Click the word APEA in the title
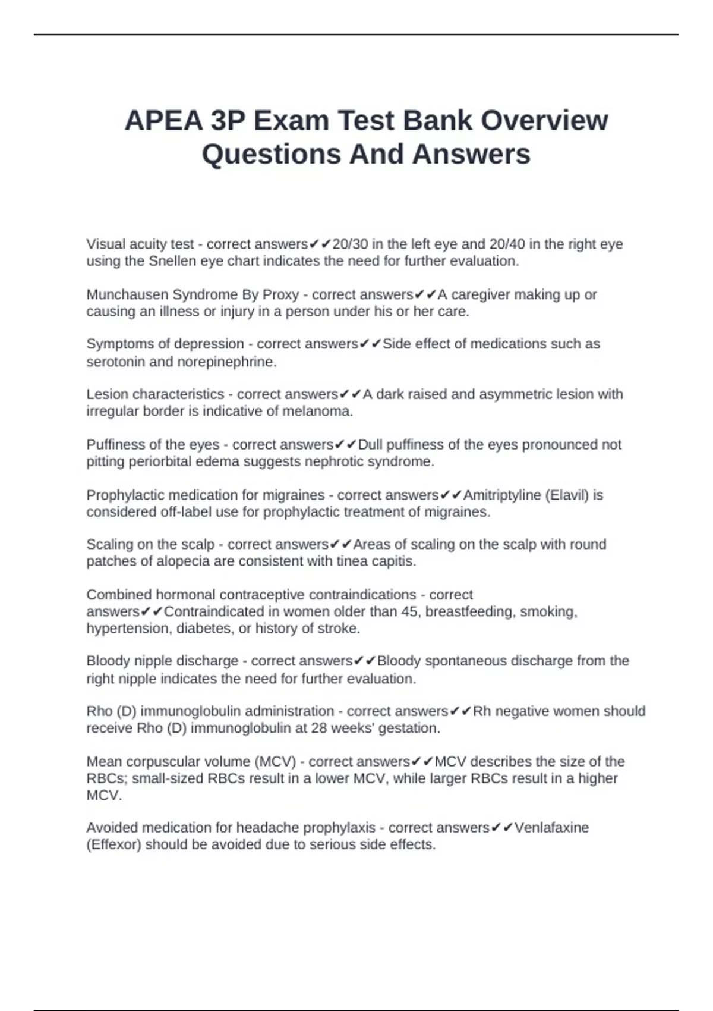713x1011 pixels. (x=163, y=121)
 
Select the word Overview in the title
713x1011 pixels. (x=544, y=121)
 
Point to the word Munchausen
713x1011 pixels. (x=127, y=294)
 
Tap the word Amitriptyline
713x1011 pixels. (x=501, y=495)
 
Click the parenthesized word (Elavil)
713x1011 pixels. (x=567, y=495)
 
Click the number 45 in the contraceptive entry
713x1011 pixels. (x=409, y=611)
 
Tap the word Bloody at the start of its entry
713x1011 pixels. (x=108, y=661)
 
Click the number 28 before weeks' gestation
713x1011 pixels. (x=319, y=728)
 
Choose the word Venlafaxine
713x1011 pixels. (x=551, y=827)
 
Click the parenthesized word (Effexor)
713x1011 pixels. (x=114, y=844)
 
